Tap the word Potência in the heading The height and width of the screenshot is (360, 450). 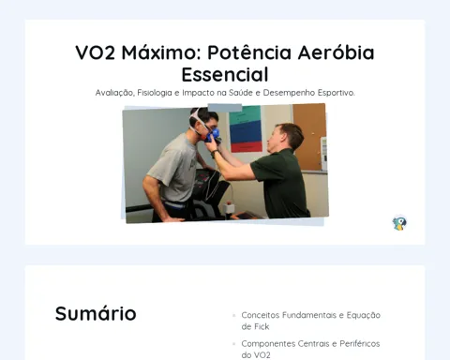(x=249, y=52)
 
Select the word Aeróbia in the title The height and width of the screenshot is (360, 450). (x=336, y=52)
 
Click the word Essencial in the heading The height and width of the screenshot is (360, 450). (x=225, y=74)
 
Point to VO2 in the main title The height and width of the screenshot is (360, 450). (x=95, y=52)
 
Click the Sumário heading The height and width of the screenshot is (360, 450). (x=96, y=313)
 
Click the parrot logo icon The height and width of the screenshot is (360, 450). (x=399, y=223)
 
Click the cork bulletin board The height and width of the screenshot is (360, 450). (x=309, y=137)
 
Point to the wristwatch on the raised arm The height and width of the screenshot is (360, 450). (x=214, y=154)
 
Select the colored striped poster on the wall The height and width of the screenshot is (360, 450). (x=246, y=129)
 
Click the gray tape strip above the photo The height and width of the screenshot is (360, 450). (x=225, y=108)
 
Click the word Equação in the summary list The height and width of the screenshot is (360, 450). (x=364, y=315)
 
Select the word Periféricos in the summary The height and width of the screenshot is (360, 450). (x=360, y=344)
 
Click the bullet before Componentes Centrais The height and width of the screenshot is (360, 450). (x=234, y=344)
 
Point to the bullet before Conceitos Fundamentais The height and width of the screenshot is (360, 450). (x=234, y=315)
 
